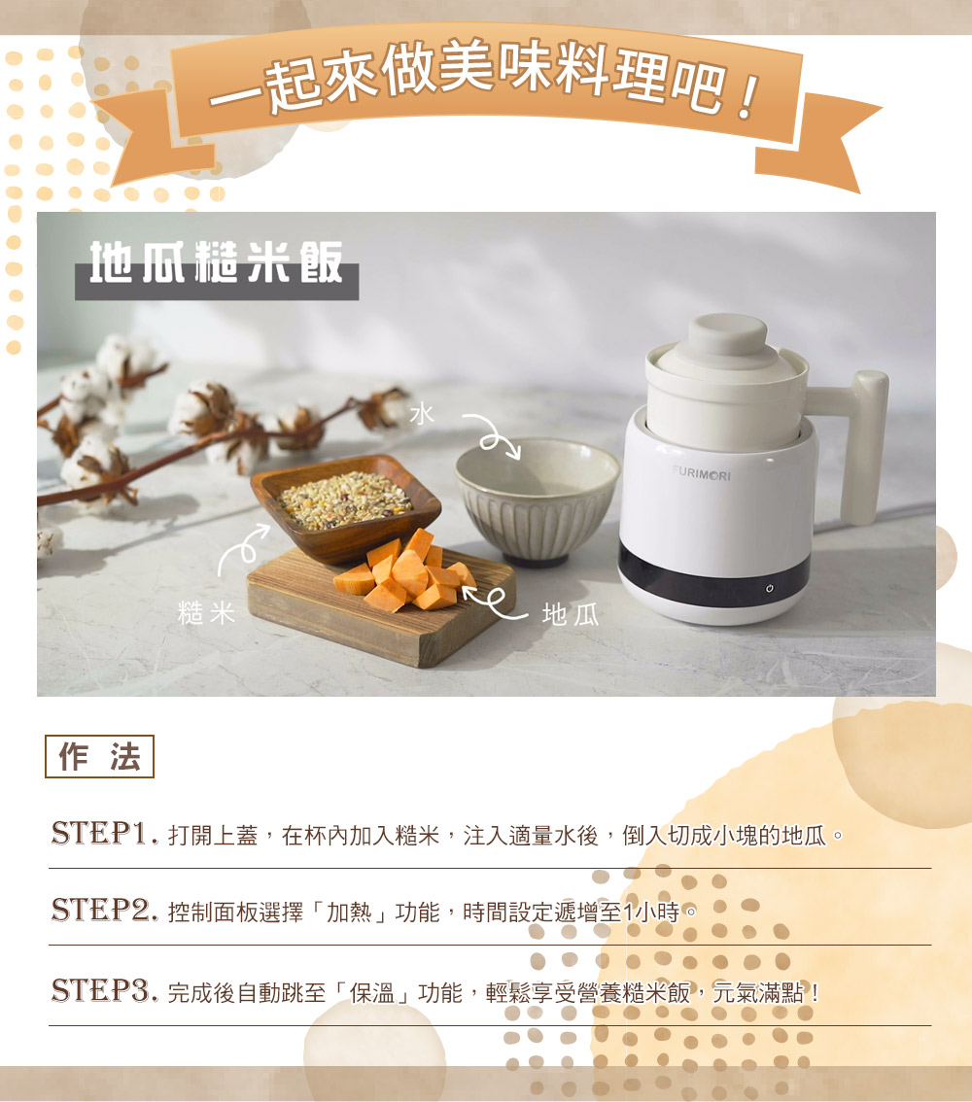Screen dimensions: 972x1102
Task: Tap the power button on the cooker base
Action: click(770, 588)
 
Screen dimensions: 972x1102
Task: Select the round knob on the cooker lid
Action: click(727, 335)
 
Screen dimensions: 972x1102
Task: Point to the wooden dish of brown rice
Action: click(345, 506)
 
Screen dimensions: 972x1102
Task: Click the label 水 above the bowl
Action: click(422, 414)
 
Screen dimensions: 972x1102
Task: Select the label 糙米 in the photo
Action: click(206, 613)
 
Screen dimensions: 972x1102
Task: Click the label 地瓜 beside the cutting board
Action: click(571, 615)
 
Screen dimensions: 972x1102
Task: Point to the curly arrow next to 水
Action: click(493, 435)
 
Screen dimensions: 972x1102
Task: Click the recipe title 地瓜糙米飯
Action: click(217, 262)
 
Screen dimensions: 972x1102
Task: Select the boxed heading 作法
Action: click(99, 756)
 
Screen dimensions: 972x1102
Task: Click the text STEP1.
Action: click(105, 834)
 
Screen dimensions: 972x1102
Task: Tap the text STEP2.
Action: click(105, 911)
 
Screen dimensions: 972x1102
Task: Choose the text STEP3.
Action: click(105, 991)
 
